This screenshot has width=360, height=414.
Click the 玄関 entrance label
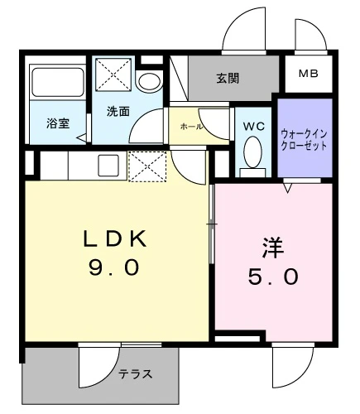228,79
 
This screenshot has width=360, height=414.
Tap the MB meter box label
309,74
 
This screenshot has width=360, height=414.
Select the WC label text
254,127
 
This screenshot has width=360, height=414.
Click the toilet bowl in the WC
252,152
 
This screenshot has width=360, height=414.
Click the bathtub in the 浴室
58,82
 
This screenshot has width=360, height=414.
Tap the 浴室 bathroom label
58,123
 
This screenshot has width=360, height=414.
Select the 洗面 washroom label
118,112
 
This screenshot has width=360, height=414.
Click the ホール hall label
191,127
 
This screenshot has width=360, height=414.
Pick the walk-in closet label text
304,140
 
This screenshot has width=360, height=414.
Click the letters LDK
115,238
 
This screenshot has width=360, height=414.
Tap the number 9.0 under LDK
113,267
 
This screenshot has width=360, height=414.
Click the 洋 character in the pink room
273,248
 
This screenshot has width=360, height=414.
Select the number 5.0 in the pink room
273,277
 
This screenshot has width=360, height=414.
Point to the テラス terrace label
136,374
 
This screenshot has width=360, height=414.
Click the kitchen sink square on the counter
108,166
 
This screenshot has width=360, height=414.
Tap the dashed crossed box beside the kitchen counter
147,166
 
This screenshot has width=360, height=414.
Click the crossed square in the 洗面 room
113,75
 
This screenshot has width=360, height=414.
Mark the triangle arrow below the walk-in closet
288,189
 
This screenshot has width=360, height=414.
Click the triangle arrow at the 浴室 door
82,137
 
